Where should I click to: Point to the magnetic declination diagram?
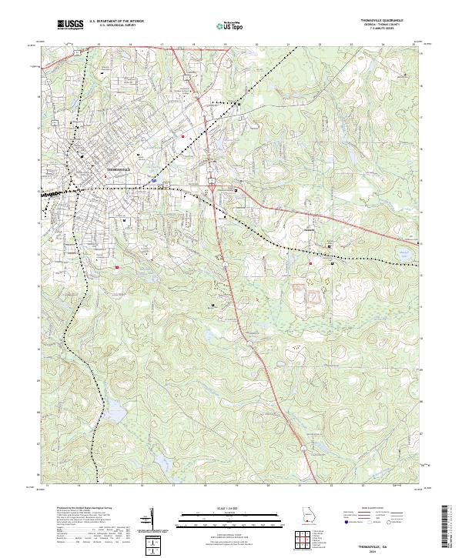[152, 517]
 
